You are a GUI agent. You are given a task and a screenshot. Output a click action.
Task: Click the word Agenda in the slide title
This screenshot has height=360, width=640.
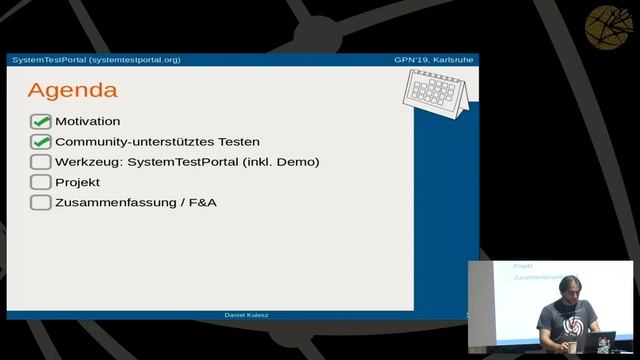pyautogui.click(x=72, y=90)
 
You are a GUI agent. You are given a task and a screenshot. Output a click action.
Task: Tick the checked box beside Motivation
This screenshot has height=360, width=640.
pyautogui.click(x=40, y=122)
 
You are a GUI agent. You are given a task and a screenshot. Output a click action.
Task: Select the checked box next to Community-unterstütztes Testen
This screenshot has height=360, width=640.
pyautogui.click(x=40, y=142)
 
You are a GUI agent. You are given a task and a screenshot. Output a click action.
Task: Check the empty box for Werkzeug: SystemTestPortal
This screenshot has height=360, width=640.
pyautogui.click(x=40, y=162)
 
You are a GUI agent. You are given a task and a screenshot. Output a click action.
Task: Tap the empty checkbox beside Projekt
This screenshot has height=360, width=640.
pyautogui.click(x=40, y=182)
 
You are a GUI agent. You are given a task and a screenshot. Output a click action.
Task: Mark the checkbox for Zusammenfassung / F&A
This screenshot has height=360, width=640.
pyautogui.click(x=40, y=202)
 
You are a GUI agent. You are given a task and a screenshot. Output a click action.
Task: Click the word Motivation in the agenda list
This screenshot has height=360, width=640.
pyautogui.click(x=87, y=122)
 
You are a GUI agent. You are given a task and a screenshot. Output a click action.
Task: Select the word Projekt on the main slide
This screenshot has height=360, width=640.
pyautogui.click(x=77, y=182)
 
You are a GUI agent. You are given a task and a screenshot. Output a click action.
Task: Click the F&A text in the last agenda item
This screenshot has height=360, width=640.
pyautogui.click(x=206, y=202)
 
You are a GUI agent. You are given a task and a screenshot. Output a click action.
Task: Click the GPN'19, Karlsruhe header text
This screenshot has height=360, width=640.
pyautogui.click(x=434, y=60)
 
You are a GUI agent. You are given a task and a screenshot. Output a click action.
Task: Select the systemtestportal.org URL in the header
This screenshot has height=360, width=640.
pyautogui.click(x=134, y=60)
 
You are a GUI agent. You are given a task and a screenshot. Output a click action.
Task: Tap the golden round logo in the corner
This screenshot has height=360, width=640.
pyautogui.click(x=611, y=26)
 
